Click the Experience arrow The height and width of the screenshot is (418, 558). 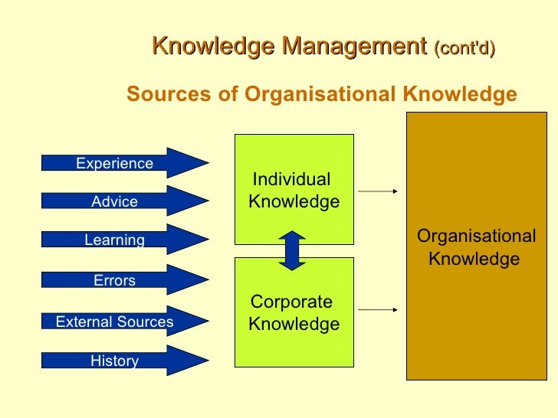click(x=123, y=163)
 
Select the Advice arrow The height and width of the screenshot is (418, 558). click(x=123, y=202)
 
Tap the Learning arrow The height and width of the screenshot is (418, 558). click(x=123, y=240)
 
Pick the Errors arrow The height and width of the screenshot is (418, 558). click(x=123, y=280)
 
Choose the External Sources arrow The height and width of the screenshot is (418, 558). click(x=123, y=322)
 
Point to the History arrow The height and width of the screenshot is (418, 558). click(x=123, y=361)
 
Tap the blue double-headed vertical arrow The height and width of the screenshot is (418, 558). click(x=293, y=250)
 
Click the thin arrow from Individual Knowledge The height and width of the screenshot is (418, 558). click(x=379, y=191)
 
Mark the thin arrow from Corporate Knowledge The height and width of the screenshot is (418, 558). click(x=379, y=310)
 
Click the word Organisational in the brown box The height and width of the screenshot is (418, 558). click(x=476, y=237)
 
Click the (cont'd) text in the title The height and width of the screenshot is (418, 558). click(x=464, y=48)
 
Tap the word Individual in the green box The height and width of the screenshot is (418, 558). click(x=291, y=180)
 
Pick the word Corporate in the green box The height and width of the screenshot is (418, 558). click(x=291, y=302)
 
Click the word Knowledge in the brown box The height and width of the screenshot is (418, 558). click(x=474, y=259)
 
